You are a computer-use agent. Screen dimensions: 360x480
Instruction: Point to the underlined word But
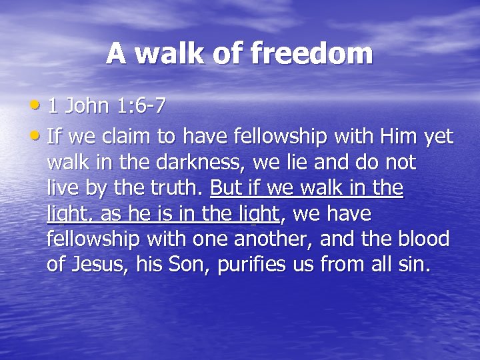click(x=226, y=189)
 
